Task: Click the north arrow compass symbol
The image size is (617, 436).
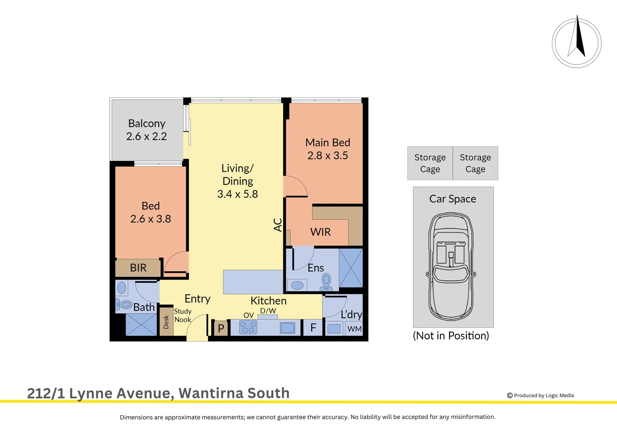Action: coord(577,42)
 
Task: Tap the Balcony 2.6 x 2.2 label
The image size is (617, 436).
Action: coord(147,130)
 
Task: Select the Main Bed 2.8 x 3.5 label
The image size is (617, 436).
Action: coord(327,149)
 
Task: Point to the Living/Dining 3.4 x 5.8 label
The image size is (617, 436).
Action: coord(237,181)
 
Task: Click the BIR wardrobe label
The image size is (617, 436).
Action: coord(138,268)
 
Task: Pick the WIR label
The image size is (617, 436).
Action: coord(320,232)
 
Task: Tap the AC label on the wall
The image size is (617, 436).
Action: coord(278,225)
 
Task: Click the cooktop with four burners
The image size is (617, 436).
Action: coord(248,327)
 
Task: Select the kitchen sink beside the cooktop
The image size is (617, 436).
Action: coord(288,327)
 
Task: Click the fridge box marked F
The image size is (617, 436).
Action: coord(313,328)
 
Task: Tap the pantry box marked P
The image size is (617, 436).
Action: coord(221,328)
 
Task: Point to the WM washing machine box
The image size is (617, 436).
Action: coord(355,329)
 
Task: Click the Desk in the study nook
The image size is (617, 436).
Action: coord(166,322)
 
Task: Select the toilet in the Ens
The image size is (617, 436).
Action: coord(326,281)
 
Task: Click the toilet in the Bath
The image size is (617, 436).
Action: coord(125,304)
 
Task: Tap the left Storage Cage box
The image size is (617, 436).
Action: coord(430,163)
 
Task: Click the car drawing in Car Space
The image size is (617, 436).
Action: coord(451,266)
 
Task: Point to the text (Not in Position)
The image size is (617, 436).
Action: coord(451,336)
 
